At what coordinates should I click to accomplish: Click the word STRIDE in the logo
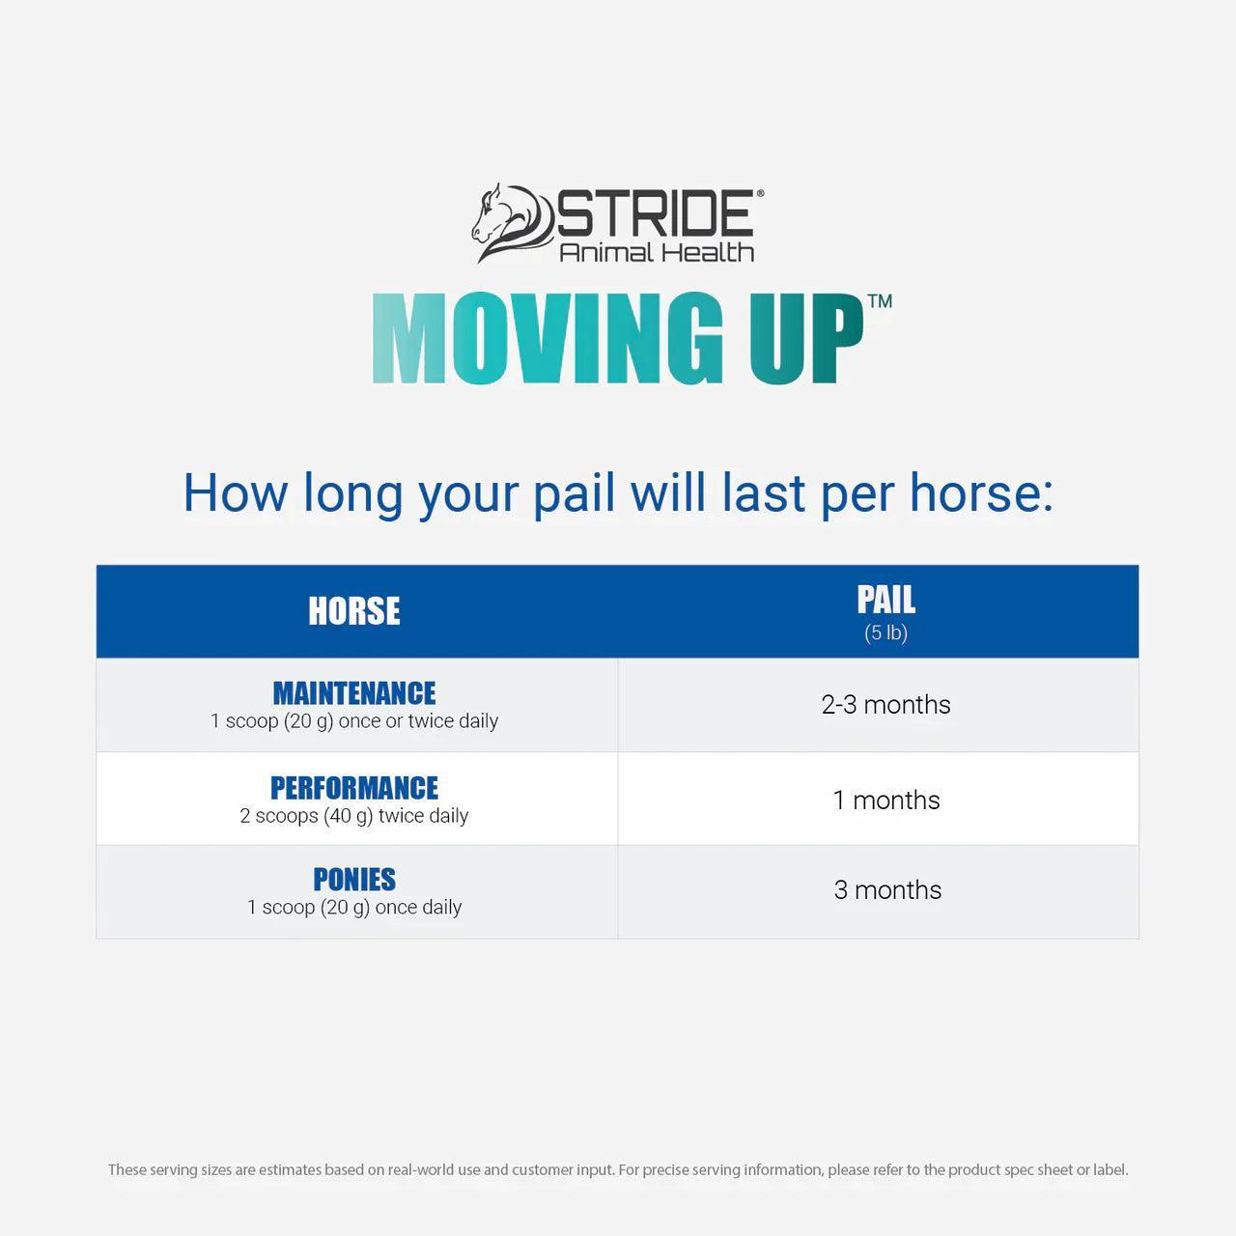point(656,213)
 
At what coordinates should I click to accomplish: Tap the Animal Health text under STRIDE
point(657,252)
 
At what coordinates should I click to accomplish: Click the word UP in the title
point(805,339)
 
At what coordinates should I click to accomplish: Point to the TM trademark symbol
point(880,301)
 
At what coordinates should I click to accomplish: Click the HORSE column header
point(354,611)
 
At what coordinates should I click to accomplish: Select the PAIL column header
point(885,600)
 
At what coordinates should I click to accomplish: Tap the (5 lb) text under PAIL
point(885,633)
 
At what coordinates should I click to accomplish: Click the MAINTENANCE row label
point(354,693)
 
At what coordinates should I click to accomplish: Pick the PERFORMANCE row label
point(354,788)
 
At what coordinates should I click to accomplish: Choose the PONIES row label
point(354,880)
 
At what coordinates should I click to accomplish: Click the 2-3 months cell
point(885,705)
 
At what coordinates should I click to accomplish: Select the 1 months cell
point(885,800)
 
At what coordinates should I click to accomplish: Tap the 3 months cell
point(887,889)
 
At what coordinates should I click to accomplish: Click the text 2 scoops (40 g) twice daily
point(354,816)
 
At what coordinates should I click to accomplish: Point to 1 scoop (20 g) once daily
point(354,908)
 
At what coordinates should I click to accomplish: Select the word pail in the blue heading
point(574,493)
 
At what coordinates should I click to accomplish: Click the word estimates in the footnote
point(290,1169)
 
